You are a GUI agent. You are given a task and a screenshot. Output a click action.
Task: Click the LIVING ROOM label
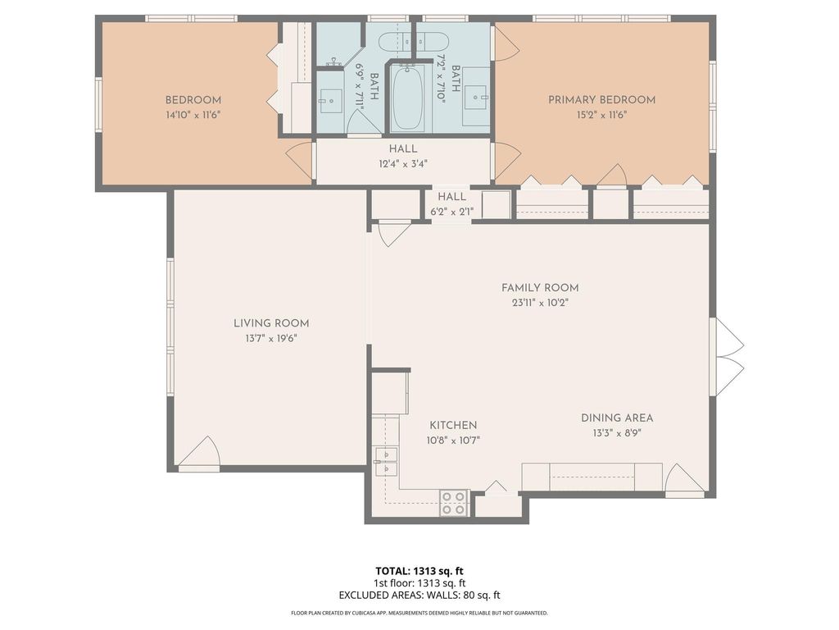pos(271,323)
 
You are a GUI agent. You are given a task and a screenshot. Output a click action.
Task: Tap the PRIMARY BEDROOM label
pos(602,99)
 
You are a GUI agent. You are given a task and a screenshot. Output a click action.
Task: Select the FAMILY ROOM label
pos(540,288)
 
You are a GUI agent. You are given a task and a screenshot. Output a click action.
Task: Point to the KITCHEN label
pos(453,426)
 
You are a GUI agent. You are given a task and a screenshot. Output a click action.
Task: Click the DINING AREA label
pos(617,418)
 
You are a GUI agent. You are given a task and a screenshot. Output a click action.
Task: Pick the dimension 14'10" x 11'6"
pos(193,115)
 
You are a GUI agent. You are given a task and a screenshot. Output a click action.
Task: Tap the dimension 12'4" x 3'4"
pos(403,164)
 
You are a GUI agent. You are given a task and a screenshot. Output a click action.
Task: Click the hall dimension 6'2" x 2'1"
pos(452,212)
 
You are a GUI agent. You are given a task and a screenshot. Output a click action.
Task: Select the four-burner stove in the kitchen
pos(453,503)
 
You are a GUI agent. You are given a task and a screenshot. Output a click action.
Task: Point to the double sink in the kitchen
pos(387,462)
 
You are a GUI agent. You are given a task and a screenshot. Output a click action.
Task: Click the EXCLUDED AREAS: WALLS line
pos(419,596)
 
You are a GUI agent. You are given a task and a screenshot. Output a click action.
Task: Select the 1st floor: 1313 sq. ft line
pos(419,583)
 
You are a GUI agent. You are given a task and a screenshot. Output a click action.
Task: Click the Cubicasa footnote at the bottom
pos(419,613)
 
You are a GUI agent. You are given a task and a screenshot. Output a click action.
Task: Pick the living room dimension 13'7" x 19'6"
pos(271,339)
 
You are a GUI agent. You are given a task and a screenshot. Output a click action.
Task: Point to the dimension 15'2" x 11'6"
pos(602,115)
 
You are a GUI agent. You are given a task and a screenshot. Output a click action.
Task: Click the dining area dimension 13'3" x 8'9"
pos(617,433)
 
